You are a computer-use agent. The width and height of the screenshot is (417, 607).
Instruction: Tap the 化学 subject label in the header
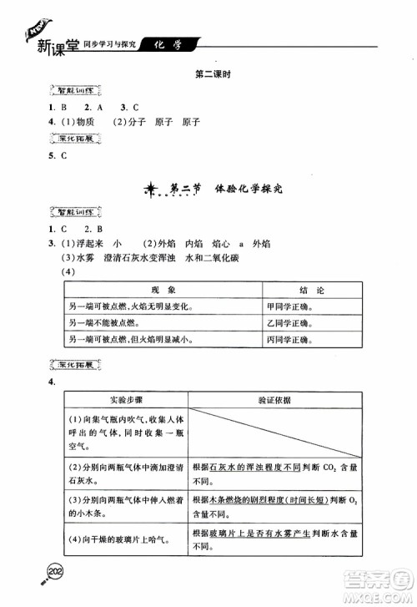point(166,43)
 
